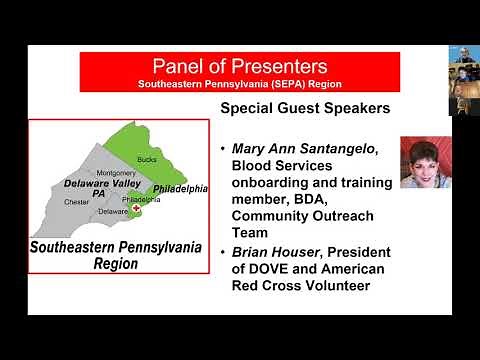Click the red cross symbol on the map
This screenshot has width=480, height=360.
coord(137,210)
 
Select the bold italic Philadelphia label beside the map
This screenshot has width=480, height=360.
coord(181,188)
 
